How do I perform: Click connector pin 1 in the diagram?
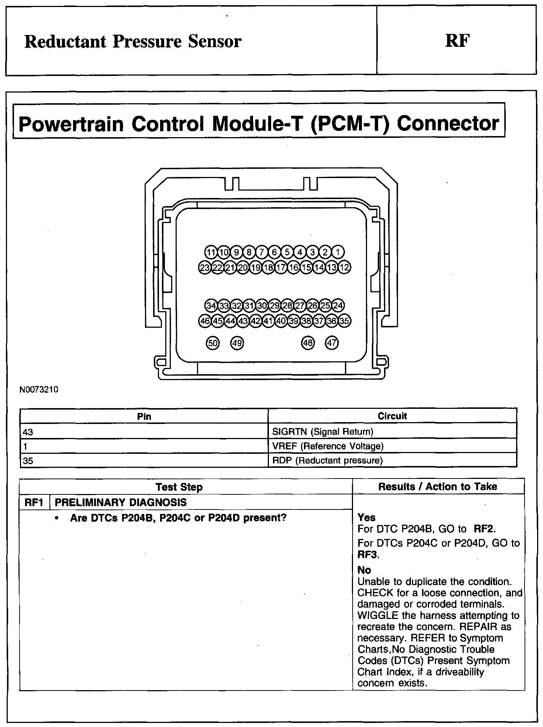pyautogui.click(x=338, y=253)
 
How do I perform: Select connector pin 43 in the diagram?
pyautogui.click(x=243, y=321)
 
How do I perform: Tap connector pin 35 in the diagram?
pyautogui.click(x=344, y=321)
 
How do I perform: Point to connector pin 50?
pyautogui.click(x=213, y=343)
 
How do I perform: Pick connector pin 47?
pyautogui.click(x=332, y=343)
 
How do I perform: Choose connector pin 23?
pyautogui.click(x=204, y=268)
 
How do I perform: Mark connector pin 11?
pyautogui.click(x=211, y=253)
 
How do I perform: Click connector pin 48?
pyautogui.click(x=308, y=343)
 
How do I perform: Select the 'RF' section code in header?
pyautogui.click(x=457, y=41)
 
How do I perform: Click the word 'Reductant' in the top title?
pyautogui.click(x=65, y=42)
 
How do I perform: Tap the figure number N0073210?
pyautogui.click(x=39, y=390)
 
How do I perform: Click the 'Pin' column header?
pyautogui.click(x=144, y=417)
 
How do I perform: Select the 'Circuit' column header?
pyautogui.click(x=392, y=416)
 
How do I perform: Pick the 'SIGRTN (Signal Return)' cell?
pyautogui.click(x=322, y=431)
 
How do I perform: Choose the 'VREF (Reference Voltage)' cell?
pyautogui.click(x=328, y=446)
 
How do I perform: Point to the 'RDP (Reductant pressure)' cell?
pyautogui.click(x=327, y=460)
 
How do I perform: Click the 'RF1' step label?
pyautogui.click(x=34, y=502)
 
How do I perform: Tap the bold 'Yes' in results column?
pyautogui.click(x=366, y=518)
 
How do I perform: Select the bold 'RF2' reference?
pyautogui.click(x=483, y=529)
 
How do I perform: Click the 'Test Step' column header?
pyautogui.click(x=179, y=487)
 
